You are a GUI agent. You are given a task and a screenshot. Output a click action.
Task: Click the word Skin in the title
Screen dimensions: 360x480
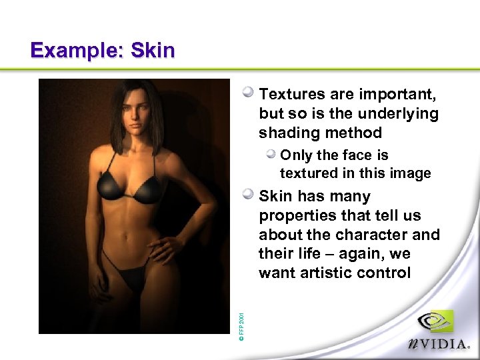[153, 51]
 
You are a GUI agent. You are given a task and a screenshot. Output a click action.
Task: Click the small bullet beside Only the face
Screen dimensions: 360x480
[271, 155]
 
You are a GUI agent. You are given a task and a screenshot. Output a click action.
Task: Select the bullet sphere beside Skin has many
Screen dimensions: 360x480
[248, 195]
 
